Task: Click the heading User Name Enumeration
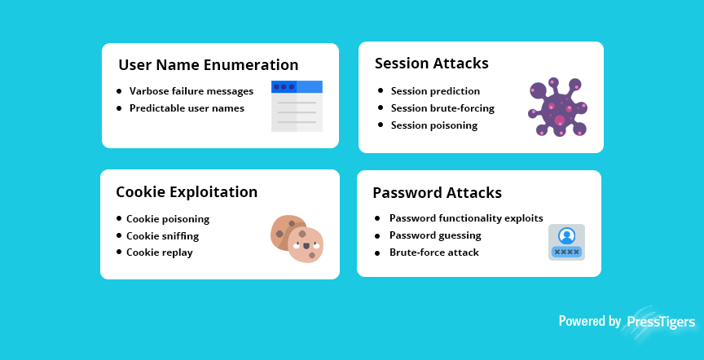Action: pos(209,65)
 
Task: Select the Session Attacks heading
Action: pos(432,64)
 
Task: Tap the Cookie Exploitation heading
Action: pos(187,192)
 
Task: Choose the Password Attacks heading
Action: pos(437,193)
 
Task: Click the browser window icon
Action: pos(297,107)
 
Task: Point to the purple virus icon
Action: pos(558,108)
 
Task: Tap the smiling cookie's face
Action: pos(306,245)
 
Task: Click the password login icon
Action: pos(566,243)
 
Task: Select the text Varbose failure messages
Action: pos(191,91)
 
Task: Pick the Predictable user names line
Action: pos(187,108)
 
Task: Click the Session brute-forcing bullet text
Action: pos(442,108)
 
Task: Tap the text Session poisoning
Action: pos(434,125)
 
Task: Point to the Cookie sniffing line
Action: pos(162,236)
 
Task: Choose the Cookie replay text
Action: pos(160,252)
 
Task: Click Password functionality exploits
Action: pos(466,218)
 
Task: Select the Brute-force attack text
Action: pos(434,252)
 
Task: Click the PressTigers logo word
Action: pos(661,322)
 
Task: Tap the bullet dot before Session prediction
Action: pos(381,90)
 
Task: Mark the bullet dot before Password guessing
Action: pos(377,235)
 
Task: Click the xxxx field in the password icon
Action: pos(566,252)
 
